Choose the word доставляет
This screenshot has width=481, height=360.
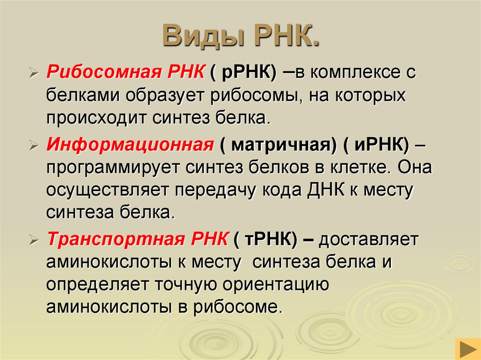(369, 239)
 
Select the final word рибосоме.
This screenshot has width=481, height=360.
(240, 308)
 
